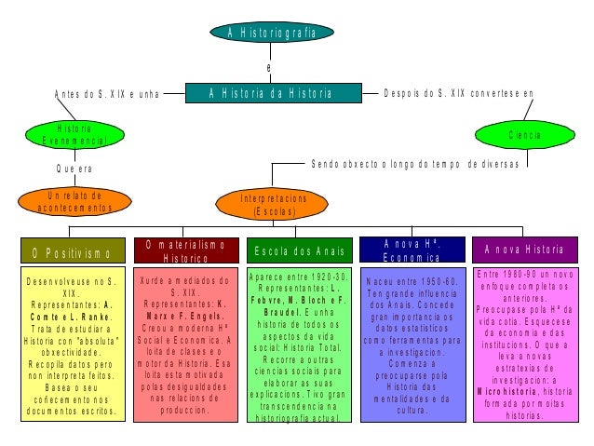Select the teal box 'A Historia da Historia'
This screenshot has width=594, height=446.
pos(271,93)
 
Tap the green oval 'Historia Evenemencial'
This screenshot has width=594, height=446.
pos(74,134)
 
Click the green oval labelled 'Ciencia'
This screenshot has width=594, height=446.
pos(524,135)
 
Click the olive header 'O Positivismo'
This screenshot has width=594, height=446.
pos(72,252)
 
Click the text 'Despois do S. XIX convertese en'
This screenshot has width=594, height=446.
pos(458,94)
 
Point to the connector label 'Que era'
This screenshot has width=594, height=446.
pos(74,169)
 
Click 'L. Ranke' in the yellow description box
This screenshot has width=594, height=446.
pos(89,317)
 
